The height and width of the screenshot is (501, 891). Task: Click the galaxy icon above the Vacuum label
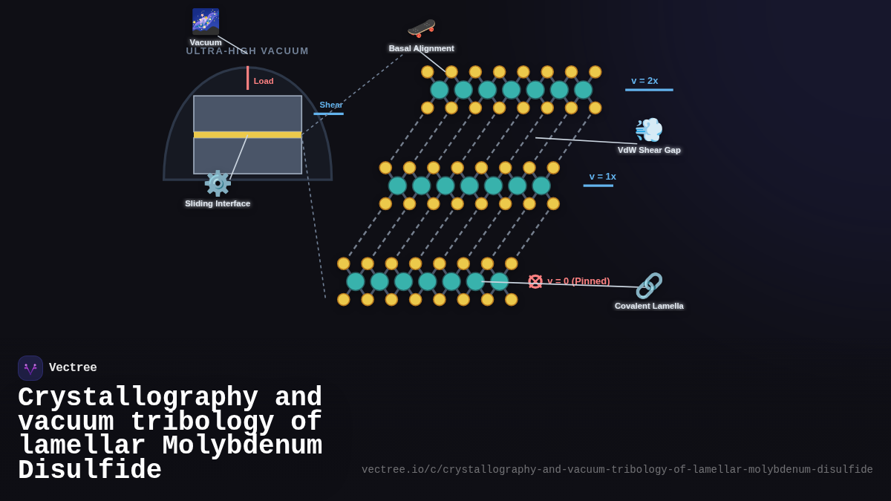(x=206, y=21)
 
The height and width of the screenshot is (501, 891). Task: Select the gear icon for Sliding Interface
(x=218, y=183)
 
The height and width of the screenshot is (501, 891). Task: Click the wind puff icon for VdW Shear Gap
(x=649, y=130)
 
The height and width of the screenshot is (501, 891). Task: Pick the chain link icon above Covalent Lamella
(x=649, y=286)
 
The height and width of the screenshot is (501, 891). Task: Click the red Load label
(x=264, y=81)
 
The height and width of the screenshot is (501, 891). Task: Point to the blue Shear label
(x=331, y=105)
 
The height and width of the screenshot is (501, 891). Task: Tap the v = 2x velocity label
(x=644, y=81)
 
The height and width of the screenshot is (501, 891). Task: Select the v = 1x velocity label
(x=602, y=177)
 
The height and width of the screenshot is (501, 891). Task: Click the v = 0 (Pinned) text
(x=578, y=281)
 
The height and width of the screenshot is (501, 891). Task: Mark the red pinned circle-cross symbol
(x=535, y=281)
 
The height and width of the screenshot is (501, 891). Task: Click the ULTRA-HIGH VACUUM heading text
(x=247, y=51)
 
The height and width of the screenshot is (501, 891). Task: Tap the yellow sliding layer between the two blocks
(x=247, y=135)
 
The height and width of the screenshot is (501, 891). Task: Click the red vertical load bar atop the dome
(x=248, y=77)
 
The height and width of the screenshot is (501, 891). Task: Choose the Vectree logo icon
(x=30, y=368)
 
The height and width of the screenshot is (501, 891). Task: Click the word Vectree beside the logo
(x=73, y=368)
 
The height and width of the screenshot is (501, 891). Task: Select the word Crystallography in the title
(x=138, y=397)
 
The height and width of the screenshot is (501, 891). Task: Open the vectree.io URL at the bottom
(x=617, y=470)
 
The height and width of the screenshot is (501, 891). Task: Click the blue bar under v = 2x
(x=649, y=90)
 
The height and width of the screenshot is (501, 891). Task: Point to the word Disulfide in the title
(x=90, y=471)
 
